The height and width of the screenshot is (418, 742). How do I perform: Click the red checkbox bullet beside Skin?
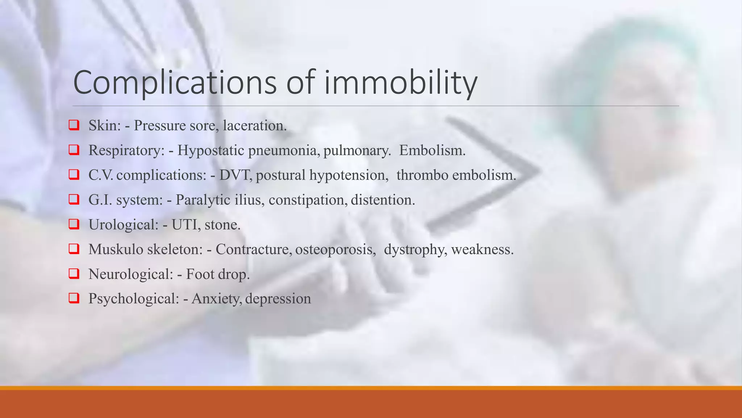click(x=74, y=125)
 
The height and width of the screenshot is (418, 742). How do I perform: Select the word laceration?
click(x=255, y=126)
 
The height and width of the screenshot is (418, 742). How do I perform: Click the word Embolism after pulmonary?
click(x=432, y=150)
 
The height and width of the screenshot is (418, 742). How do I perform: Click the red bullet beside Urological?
click(x=74, y=224)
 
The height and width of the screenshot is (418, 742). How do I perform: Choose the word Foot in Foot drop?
click(x=200, y=274)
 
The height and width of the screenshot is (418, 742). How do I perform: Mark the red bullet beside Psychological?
click(x=74, y=298)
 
